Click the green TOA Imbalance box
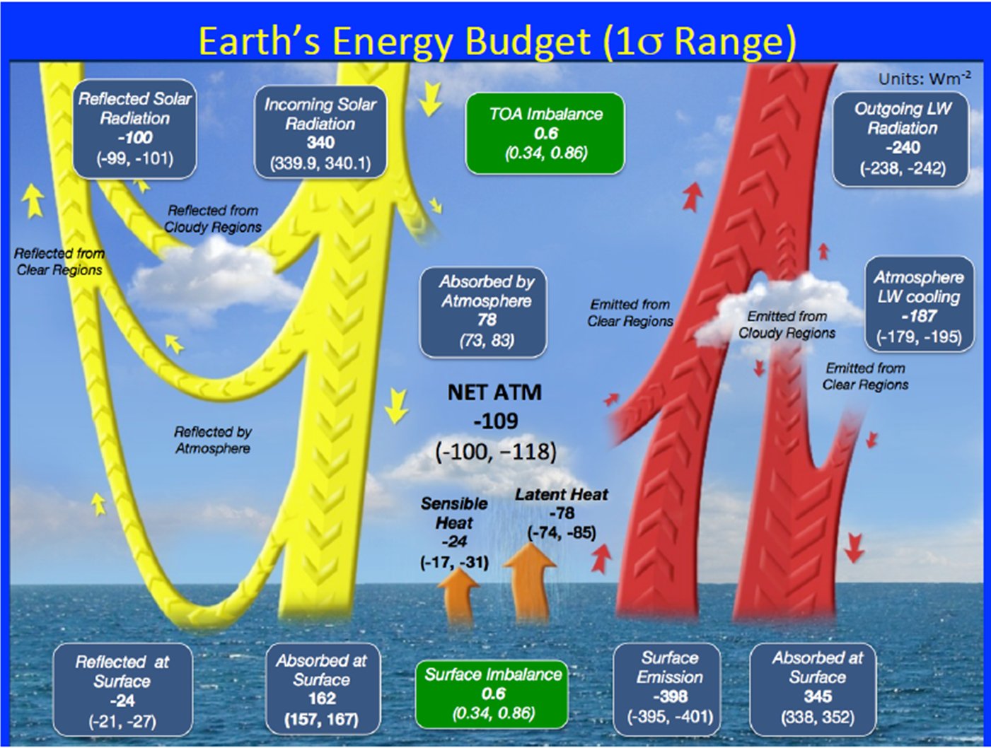tap(545, 134)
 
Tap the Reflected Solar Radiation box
tap(134, 129)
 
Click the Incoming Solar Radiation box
tap(320, 133)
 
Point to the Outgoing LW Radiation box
tap(900, 139)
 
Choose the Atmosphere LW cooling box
tap(919, 305)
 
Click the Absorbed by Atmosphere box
tap(484, 312)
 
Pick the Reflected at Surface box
tap(123, 689)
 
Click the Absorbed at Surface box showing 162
tap(323, 689)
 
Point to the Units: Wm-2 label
tap(925, 79)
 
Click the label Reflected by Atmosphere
tap(213, 440)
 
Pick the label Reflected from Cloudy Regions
tap(213, 218)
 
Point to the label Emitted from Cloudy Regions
tap(787, 325)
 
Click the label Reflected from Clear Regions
tap(59, 262)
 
